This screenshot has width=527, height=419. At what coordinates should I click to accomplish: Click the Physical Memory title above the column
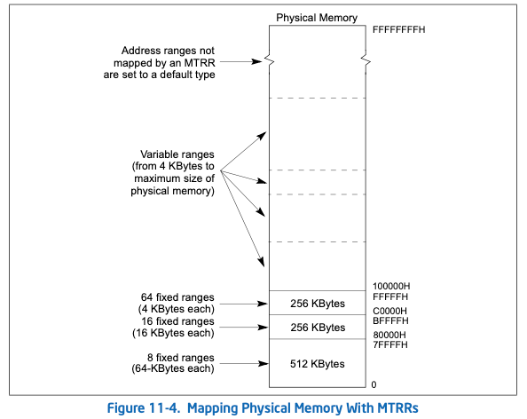317,18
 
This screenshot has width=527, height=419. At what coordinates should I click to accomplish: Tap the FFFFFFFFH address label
398,29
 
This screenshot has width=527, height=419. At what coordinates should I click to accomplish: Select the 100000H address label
391,286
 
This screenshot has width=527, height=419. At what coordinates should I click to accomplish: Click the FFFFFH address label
390,296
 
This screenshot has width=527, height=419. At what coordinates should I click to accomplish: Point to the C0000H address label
389,311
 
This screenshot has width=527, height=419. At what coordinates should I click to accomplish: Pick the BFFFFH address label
390,320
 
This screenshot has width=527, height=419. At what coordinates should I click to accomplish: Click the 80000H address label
389,335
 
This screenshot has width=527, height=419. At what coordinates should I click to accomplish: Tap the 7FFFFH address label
390,344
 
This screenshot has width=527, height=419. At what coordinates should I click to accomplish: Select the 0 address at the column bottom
374,384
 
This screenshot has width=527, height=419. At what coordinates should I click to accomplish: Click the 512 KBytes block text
318,364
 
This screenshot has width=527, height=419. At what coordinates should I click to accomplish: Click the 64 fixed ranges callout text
177,303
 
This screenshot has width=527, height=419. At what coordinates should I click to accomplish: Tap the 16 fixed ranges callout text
173,327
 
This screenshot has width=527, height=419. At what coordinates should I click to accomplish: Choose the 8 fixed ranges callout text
173,363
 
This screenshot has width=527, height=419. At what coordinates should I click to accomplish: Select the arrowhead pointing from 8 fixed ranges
263,363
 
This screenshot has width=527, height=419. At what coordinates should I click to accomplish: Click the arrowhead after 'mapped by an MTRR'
256,61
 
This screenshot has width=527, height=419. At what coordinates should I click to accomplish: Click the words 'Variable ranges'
177,154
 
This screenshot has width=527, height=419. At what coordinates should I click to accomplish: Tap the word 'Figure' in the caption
126,408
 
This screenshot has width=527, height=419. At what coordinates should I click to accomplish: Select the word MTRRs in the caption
397,408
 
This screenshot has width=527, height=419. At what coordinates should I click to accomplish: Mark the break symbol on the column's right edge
366,61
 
